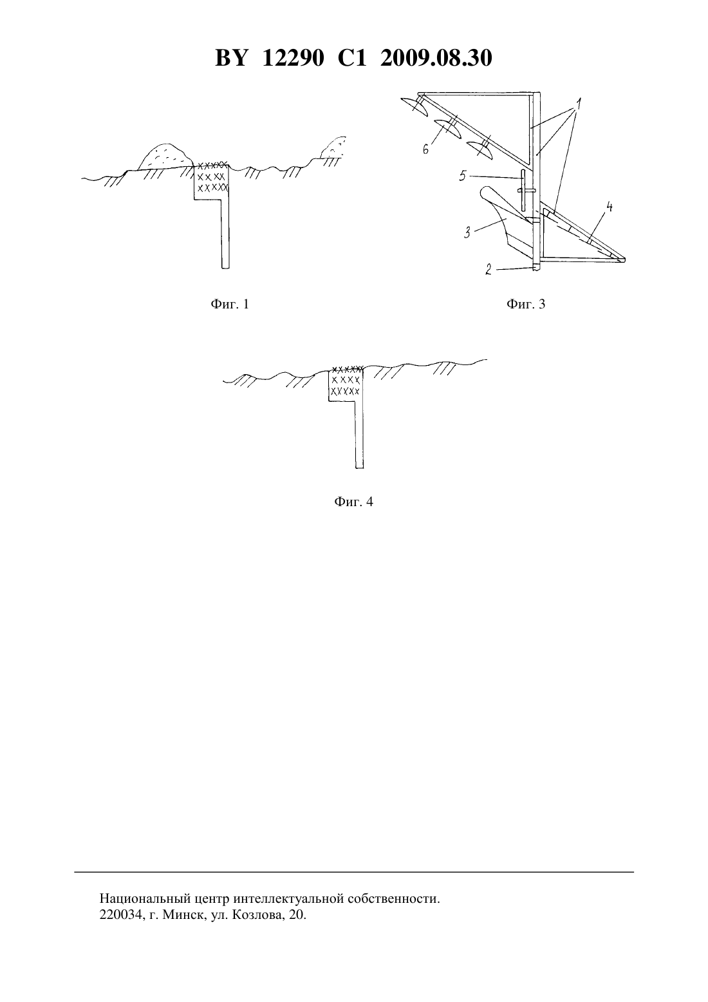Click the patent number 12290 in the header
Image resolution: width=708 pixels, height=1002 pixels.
coord(293,58)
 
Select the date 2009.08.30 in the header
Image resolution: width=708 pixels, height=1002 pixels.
coord(436,58)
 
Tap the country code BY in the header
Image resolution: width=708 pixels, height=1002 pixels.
coord(231,58)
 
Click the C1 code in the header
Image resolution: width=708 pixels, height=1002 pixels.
coord(352,58)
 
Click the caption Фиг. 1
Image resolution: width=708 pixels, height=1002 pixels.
coord(229,304)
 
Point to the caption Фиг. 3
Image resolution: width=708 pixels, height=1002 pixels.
coord(526,304)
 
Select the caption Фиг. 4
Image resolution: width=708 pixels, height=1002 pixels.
coord(353,502)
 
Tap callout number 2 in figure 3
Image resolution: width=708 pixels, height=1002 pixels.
coord(489,269)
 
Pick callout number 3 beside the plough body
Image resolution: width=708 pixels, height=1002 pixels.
coord(467,232)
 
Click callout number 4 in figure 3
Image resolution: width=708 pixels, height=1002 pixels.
coord(610,207)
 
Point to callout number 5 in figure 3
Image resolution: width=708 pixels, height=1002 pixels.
coord(463,176)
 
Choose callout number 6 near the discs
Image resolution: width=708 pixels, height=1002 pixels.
coord(425,149)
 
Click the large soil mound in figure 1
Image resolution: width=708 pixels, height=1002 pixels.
coord(165,156)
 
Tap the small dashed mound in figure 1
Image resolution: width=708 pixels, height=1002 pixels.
coord(333,147)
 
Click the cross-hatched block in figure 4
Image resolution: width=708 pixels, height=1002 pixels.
coord(346,383)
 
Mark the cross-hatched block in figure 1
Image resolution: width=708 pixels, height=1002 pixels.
coord(212,181)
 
